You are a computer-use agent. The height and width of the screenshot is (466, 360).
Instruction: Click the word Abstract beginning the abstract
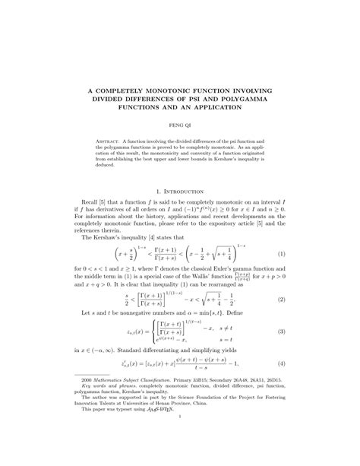pos(108,142)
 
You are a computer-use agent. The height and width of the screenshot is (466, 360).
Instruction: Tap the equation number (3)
pos(281,333)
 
